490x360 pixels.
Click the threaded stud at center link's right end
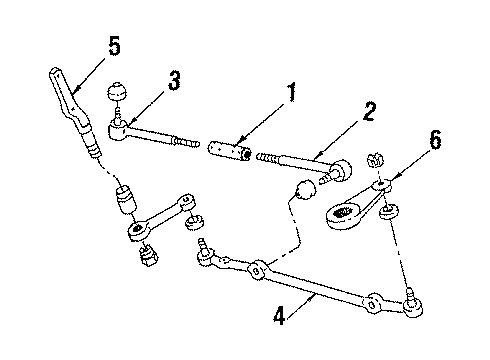[410, 298]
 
